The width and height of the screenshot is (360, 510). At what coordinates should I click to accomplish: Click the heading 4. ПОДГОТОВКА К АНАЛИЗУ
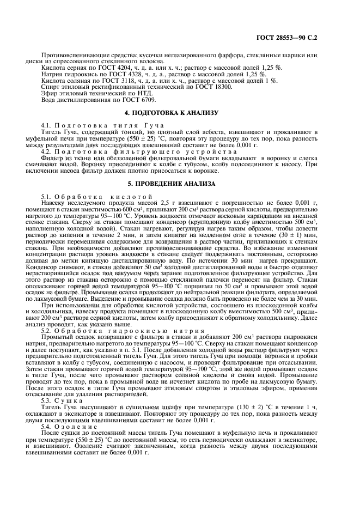(179, 113)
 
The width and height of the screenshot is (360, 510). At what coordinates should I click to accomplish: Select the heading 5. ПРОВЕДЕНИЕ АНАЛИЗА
(179, 184)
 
